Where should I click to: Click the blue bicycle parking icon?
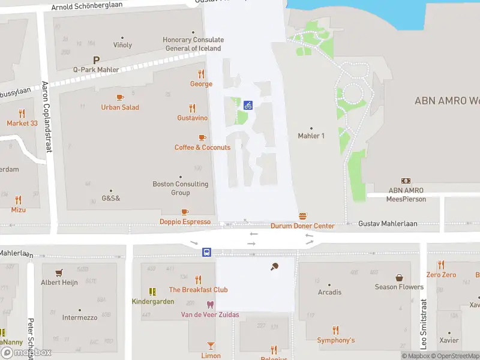click(248, 105)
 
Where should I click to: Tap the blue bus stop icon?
click(206, 252)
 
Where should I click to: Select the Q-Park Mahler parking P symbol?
click(96, 60)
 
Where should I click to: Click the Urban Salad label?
click(120, 107)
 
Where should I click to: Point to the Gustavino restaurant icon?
click(192, 109)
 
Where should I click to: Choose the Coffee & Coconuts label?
click(202, 148)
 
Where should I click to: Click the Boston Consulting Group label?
click(181, 188)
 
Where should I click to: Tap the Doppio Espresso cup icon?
click(185, 212)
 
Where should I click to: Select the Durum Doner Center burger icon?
click(302, 216)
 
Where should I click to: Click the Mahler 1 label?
click(311, 136)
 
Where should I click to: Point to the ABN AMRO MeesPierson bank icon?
click(406, 181)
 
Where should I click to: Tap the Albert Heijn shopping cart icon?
click(59, 272)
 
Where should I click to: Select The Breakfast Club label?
click(198, 290)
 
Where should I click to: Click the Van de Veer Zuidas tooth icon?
click(210, 305)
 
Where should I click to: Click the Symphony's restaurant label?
click(336, 340)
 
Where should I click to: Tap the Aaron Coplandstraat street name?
click(47, 114)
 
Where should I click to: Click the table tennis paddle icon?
click(275, 266)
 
